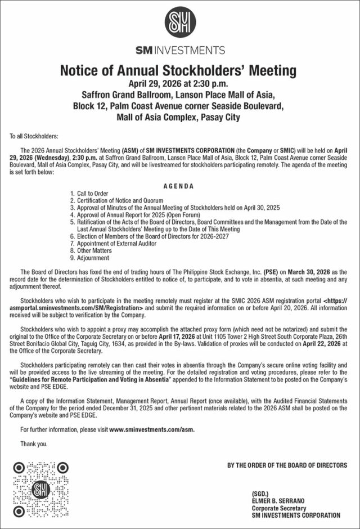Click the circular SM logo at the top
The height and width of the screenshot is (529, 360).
(180, 23)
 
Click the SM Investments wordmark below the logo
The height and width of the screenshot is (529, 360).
(180, 50)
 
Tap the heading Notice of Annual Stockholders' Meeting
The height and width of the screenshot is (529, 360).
(178, 70)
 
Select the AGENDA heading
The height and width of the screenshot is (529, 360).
(178, 186)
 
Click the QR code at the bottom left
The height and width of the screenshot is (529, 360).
(42, 489)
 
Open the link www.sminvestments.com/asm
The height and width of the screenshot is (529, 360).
(152, 429)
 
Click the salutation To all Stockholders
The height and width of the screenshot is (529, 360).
(34, 137)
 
